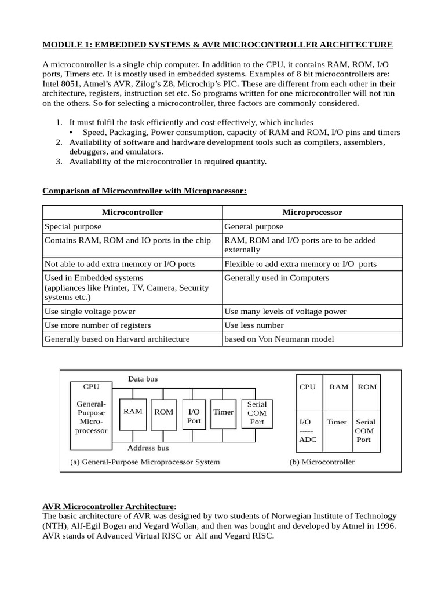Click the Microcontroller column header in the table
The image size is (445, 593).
pos(132,213)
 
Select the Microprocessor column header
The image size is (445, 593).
pos(312,213)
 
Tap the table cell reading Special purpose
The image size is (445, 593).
pos(73,227)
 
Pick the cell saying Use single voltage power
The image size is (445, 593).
pos(90,312)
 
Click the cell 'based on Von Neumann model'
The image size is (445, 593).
pos(279,339)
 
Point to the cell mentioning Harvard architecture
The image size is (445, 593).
pos(117,339)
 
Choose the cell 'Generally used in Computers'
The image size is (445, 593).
pos(276,278)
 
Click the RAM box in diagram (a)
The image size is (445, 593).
pos(133,412)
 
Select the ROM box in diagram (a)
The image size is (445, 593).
pos(163,412)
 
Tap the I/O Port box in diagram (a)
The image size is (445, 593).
pos(194,416)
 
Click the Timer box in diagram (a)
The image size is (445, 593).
pos(223,412)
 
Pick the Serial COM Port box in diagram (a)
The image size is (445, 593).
pos(257,413)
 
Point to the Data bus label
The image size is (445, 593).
pos(143,379)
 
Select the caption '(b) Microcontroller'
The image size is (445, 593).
pos(322,462)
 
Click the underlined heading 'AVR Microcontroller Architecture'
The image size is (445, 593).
pos(108,506)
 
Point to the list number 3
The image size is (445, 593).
pos(59,162)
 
